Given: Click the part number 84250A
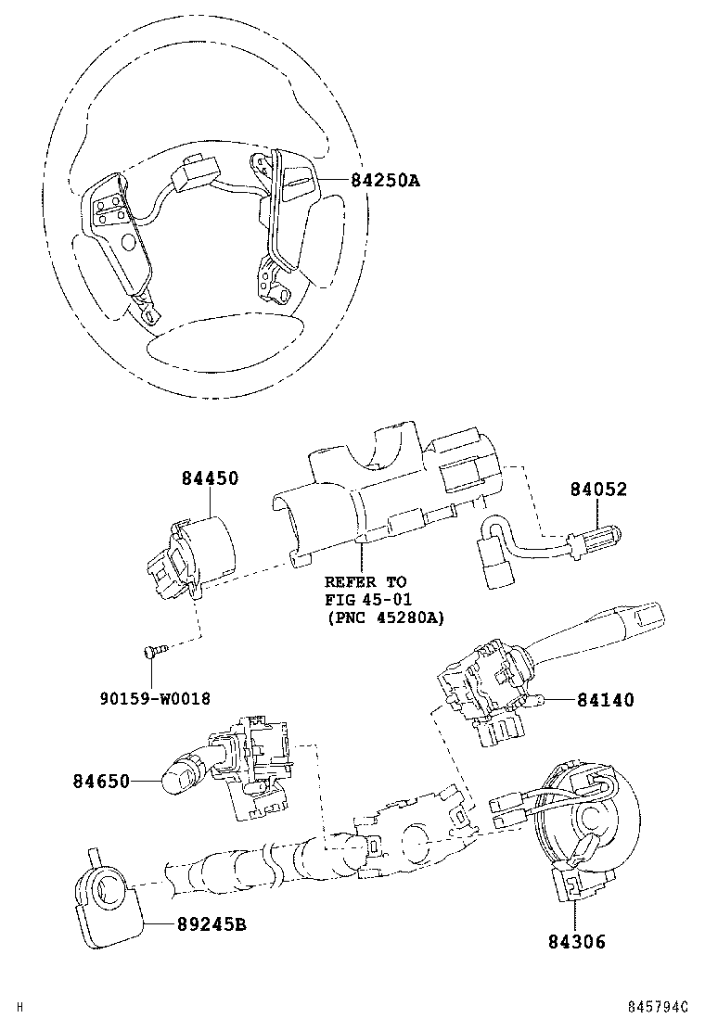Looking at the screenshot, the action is [x=385, y=180].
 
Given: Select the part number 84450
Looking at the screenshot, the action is [x=211, y=478].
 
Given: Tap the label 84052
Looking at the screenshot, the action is [x=598, y=490].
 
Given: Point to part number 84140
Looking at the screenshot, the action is [x=606, y=700].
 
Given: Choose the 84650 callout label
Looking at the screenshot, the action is [x=101, y=782].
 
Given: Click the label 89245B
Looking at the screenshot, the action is [x=211, y=924].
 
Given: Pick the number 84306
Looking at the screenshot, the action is [x=577, y=942].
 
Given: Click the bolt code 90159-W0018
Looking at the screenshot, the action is [x=155, y=698].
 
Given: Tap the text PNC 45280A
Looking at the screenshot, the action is [x=386, y=618].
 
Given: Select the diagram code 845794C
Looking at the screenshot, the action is [x=657, y=1007].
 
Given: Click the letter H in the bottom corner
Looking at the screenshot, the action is [x=19, y=1007].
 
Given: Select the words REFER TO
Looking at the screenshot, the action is [x=365, y=582].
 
